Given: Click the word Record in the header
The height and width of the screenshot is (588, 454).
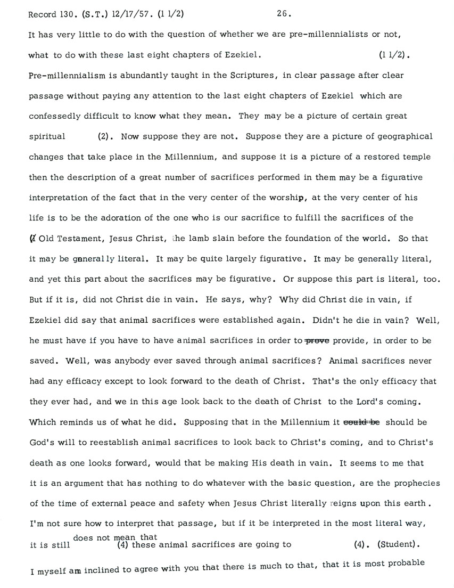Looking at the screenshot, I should pos(42,14).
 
